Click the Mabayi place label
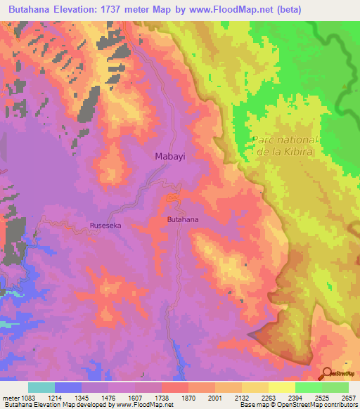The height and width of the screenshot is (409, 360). point(169,157)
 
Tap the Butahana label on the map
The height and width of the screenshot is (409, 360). point(182,220)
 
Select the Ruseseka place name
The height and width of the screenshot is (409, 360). point(108,226)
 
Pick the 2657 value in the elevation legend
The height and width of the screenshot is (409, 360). point(347,397)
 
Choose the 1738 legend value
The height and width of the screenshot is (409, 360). point(161,397)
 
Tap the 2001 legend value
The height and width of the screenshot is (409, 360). point(214,397)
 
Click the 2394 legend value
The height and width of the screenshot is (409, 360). point(295,397)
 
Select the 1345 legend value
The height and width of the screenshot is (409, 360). point(82,397)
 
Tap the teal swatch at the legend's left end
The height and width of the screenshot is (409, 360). point(41,387)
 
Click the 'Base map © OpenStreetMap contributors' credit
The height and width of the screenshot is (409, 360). point(299,405)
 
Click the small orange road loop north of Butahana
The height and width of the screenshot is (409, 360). point(171,200)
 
